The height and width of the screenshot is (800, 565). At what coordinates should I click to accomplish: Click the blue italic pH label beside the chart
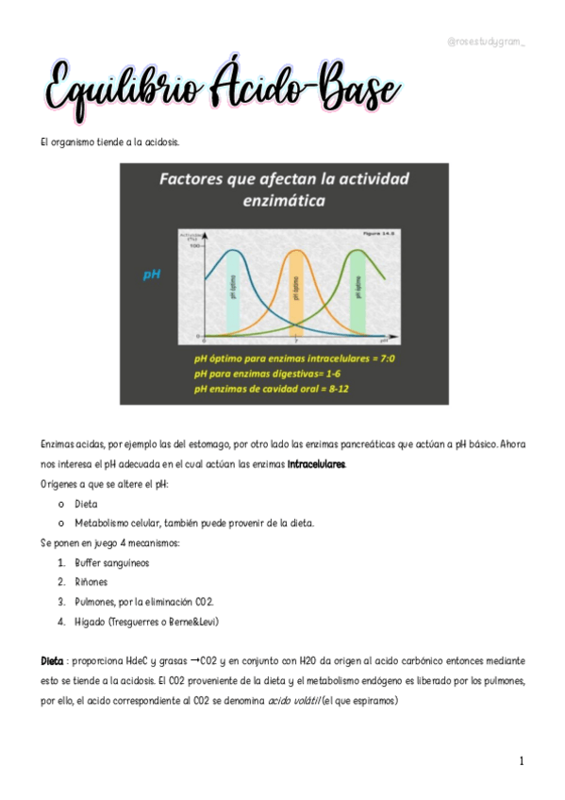point(151,275)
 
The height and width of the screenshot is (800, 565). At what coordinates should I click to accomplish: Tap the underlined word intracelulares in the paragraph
point(317,464)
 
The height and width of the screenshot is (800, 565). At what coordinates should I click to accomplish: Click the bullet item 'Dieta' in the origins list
point(86,505)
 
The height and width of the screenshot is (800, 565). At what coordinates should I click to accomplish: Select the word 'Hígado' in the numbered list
point(91,622)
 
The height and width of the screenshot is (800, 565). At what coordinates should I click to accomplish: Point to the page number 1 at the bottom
point(521,760)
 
